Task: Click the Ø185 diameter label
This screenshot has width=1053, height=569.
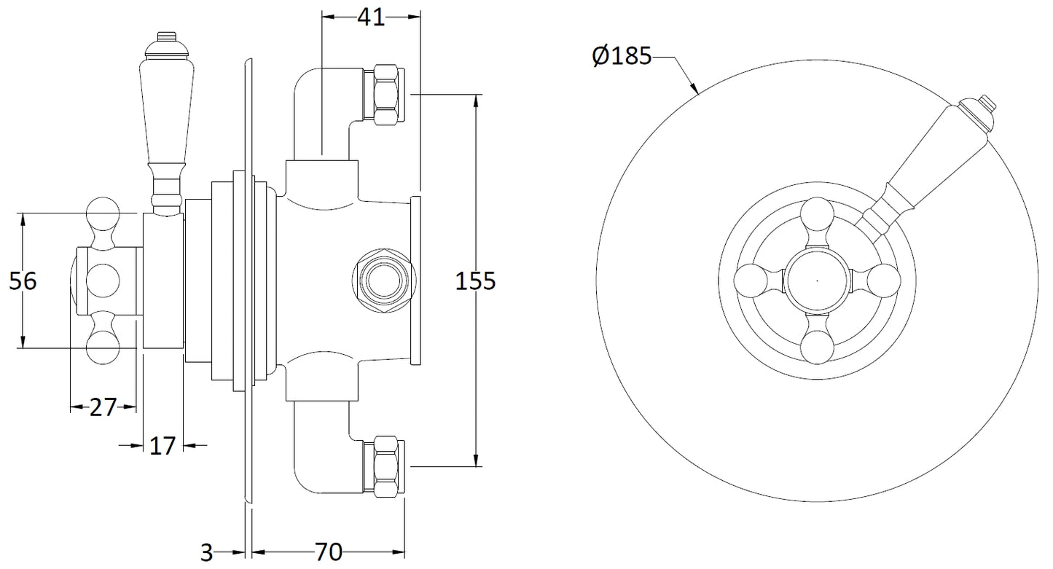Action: tap(622, 57)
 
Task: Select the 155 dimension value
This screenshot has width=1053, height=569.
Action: tap(475, 280)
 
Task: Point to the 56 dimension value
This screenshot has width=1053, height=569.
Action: tap(23, 280)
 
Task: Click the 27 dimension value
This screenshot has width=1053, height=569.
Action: tap(103, 407)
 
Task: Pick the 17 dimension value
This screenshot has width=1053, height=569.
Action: tap(163, 445)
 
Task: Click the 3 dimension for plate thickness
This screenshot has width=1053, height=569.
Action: tap(207, 553)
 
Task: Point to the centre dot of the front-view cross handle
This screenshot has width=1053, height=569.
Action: tap(817, 280)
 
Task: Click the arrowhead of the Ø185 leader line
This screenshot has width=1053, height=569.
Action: tap(697, 93)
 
